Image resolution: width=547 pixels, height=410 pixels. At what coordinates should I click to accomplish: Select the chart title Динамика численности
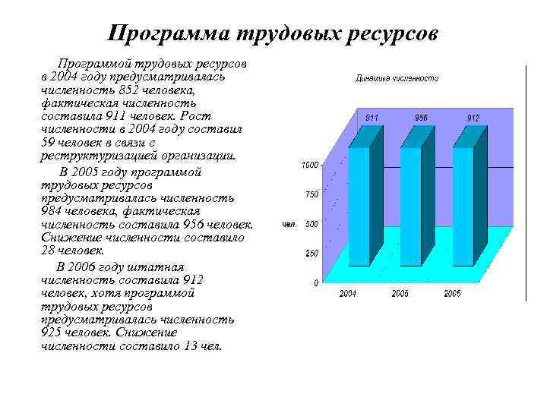click(x=397, y=78)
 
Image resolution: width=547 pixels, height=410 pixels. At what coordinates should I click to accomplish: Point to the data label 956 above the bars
click(x=422, y=118)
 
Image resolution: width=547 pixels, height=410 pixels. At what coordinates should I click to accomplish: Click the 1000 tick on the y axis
click(x=310, y=165)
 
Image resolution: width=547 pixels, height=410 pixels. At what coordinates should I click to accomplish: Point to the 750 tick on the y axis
click(x=311, y=194)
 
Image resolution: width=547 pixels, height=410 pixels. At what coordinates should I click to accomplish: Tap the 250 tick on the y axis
click(x=311, y=254)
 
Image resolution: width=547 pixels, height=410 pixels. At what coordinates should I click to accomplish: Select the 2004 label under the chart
click(x=349, y=293)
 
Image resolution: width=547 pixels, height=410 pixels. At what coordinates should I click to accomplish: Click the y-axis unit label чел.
click(x=289, y=224)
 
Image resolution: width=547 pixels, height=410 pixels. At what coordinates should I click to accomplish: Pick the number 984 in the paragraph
click(x=55, y=211)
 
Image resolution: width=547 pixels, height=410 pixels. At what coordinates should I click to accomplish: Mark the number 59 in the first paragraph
click(x=47, y=143)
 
